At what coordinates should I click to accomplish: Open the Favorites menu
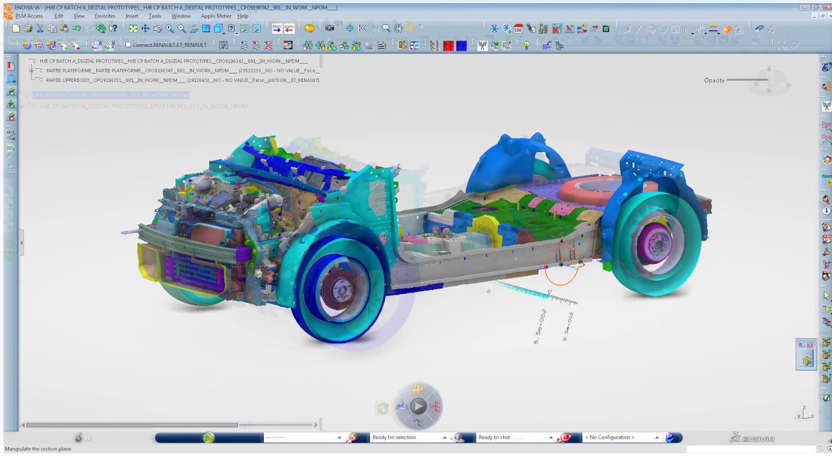pos(105,16)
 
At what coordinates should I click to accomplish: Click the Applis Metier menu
pos(216,16)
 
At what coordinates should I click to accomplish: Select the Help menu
pos(242,16)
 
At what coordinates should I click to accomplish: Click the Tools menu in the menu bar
pos(155,16)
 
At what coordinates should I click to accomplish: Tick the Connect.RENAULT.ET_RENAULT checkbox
pos(128,45)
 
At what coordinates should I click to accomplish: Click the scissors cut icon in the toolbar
pos(40,29)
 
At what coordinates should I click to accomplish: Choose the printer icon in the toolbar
pos(28,29)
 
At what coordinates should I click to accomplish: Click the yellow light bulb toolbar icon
pos(526,45)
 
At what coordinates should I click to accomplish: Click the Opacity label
pos(714,81)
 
